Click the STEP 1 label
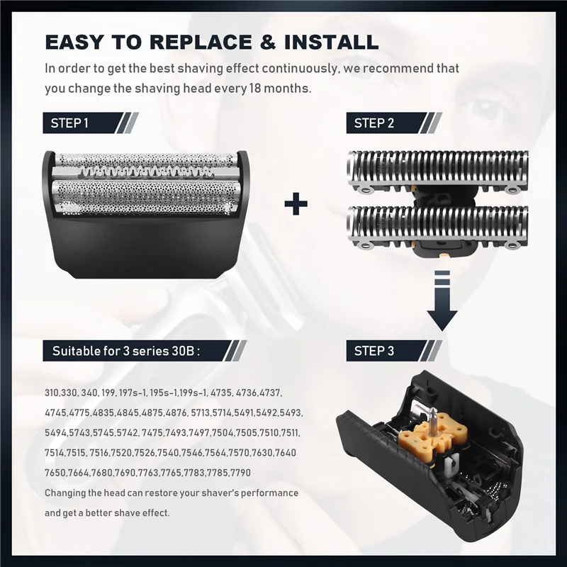tap(69, 123)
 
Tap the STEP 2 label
tap(374, 123)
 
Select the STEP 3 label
tap(374, 350)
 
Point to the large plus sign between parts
tap(296, 205)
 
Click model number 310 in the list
tap(52, 392)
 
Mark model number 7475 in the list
tap(155, 432)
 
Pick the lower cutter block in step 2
tap(437, 225)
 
